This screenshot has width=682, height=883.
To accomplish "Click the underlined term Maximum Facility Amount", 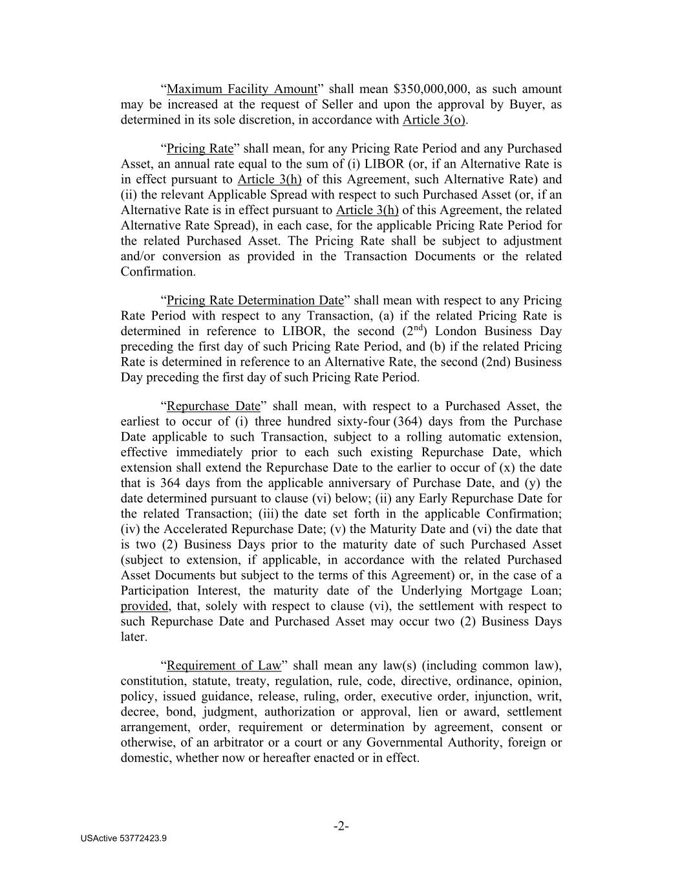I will click(x=242, y=89).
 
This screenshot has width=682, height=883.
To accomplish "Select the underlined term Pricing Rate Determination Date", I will click(x=255, y=301).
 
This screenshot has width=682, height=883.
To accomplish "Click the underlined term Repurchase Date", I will click(x=213, y=406).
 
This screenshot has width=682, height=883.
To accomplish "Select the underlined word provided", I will click(x=144, y=607).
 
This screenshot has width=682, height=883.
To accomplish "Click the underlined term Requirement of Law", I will click(x=224, y=666).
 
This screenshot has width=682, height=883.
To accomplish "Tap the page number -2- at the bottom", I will click(x=341, y=827).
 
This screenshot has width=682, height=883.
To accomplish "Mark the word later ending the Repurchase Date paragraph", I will click(x=134, y=637).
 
